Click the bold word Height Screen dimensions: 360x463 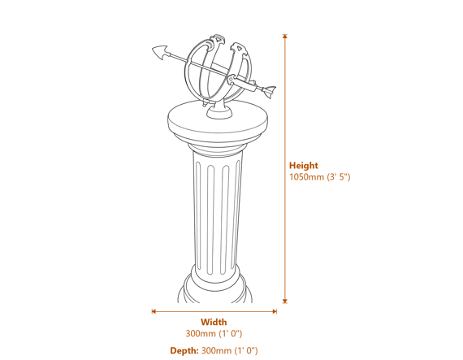tap(304, 165)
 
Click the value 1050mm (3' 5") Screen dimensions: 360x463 tap(319, 176)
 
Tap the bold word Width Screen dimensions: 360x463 tap(214, 322)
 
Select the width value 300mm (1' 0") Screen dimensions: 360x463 tap(214, 333)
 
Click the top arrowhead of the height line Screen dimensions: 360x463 tap(284, 37)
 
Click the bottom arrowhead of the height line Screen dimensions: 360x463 tap(284, 301)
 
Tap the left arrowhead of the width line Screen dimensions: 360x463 tap(154, 310)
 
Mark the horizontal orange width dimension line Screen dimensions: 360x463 tap(214, 310)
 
